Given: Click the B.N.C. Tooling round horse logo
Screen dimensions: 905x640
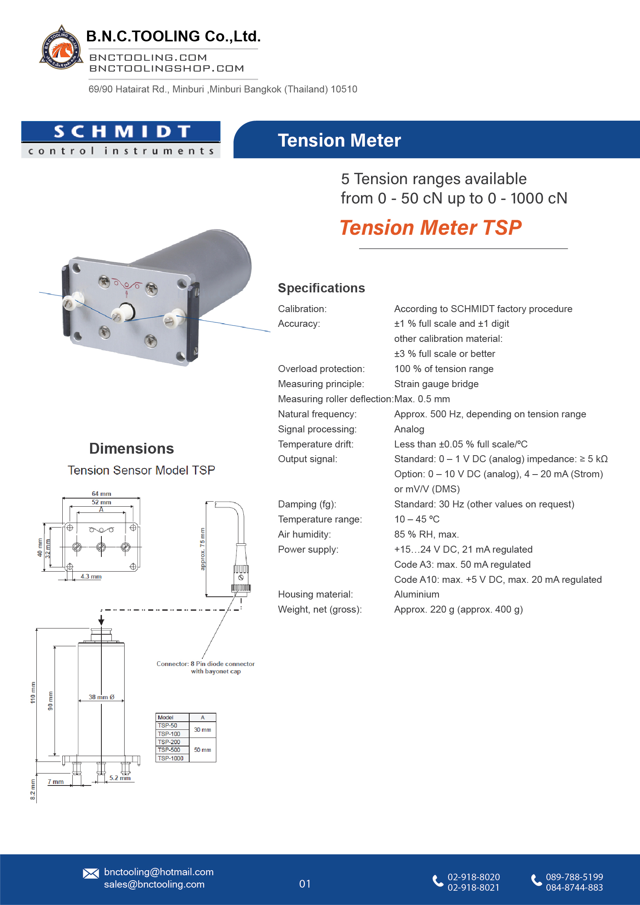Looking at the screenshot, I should (61, 48).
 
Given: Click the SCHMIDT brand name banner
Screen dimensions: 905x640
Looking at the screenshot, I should (121, 131).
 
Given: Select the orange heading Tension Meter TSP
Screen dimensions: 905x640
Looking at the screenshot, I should (430, 228).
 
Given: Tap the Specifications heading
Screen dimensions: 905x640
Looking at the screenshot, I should (321, 288).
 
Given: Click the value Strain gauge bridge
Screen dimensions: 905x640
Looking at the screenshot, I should (436, 384).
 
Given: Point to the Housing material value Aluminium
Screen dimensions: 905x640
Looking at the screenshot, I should (416, 594).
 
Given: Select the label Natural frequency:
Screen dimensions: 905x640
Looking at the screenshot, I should (317, 414).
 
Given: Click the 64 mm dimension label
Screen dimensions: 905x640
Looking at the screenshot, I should (101, 494).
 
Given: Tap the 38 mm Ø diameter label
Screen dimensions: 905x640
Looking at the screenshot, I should (101, 697).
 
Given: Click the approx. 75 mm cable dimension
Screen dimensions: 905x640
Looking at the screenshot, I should (203, 549).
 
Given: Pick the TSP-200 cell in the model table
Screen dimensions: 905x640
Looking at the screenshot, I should (169, 742).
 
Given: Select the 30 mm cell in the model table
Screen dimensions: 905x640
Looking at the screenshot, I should (202, 730).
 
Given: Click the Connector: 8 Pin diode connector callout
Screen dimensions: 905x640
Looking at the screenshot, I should (205, 667).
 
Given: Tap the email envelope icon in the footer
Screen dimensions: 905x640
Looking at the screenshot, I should (91, 874).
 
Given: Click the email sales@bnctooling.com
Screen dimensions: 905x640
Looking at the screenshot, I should (154, 884).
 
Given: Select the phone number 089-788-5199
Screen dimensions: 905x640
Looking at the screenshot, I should (574, 877).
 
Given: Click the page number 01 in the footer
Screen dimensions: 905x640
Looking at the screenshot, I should (305, 884).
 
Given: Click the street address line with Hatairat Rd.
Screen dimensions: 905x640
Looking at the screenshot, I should (223, 89).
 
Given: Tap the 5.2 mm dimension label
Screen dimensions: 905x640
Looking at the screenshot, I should (120, 778).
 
